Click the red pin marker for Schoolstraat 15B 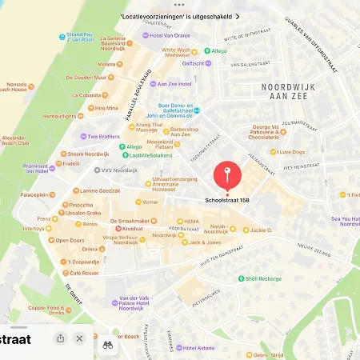227,174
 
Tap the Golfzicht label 193,63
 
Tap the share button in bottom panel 61,338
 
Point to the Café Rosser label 84,273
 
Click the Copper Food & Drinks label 46,310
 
